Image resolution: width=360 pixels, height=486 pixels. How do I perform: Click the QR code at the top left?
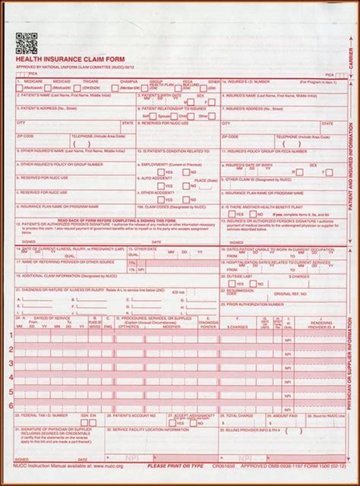(24, 43)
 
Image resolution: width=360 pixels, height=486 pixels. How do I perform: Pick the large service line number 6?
(11, 406)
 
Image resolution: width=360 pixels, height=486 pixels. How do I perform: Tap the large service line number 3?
(11, 362)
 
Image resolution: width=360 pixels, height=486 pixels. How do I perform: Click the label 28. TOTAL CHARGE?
(235, 417)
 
